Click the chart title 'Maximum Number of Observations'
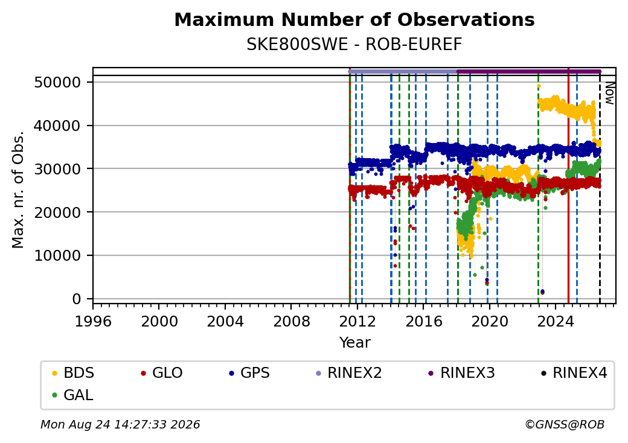point(354,19)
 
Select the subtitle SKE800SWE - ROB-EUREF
point(354,45)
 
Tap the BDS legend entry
point(73,373)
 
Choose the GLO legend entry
point(162,373)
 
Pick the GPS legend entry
point(249,373)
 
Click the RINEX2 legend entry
point(349,373)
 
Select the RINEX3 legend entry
point(462,373)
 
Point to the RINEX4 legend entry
point(574,373)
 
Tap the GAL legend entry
point(73,395)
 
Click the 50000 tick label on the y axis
point(58,83)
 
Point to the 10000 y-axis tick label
point(58,255)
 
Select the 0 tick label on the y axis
point(77,299)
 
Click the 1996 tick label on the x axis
point(94,321)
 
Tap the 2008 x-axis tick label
point(291,321)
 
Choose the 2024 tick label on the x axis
point(555,321)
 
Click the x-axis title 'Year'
point(354,343)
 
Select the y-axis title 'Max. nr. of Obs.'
point(18,190)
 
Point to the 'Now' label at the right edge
point(609,93)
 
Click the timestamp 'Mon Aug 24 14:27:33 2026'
point(120,424)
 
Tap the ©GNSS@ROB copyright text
point(565,424)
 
